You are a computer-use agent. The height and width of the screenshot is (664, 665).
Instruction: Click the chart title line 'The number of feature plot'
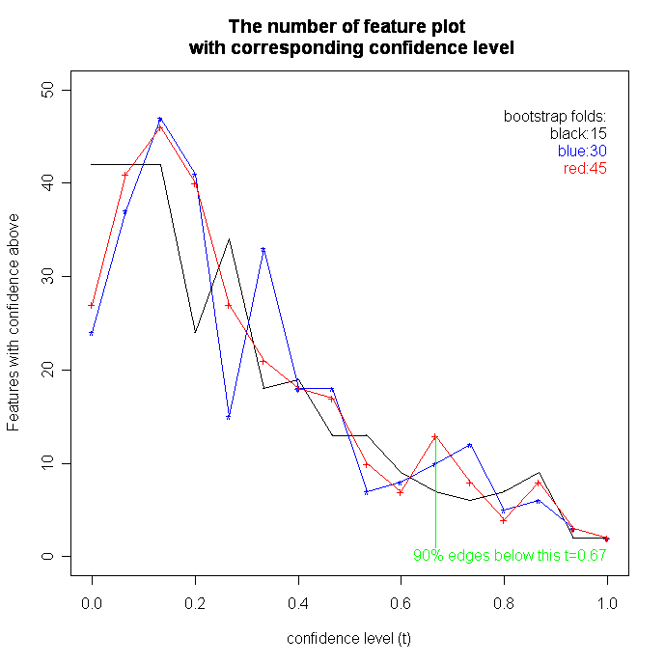pyautogui.click(x=351, y=25)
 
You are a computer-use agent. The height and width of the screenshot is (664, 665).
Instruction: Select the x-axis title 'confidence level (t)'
pyautogui.click(x=349, y=639)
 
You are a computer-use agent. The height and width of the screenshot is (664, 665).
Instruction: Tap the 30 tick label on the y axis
pyautogui.click(x=49, y=277)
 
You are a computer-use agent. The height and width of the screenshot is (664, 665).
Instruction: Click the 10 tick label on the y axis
pyautogui.click(x=49, y=463)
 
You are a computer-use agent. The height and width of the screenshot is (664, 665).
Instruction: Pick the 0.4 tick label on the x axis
pyautogui.click(x=298, y=598)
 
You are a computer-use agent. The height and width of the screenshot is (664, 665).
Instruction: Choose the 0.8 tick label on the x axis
pyautogui.click(x=504, y=598)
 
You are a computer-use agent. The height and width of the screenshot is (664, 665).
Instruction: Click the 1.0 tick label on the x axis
pyautogui.click(x=607, y=598)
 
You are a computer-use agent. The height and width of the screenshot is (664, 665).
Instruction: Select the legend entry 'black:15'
pyautogui.click(x=578, y=133)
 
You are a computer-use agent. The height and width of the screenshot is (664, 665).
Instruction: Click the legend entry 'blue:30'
pyautogui.click(x=582, y=151)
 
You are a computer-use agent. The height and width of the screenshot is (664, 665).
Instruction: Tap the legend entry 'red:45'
pyautogui.click(x=585, y=168)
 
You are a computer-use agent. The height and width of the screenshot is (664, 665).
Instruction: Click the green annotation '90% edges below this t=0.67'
pyautogui.click(x=510, y=556)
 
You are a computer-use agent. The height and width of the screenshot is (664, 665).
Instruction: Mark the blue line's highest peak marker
pyautogui.click(x=160, y=120)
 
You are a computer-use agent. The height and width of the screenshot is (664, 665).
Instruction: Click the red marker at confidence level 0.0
pyautogui.click(x=92, y=305)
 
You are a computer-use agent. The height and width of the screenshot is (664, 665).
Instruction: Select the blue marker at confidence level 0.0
pyautogui.click(x=92, y=333)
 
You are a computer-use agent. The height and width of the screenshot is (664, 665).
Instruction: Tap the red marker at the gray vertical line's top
pyautogui.click(x=435, y=436)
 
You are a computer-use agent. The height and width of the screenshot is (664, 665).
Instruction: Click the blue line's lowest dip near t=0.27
pyautogui.click(x=229, y=417)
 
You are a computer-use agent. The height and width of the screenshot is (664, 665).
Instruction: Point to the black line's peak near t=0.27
pyautogui.click(x=229, y=239)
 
